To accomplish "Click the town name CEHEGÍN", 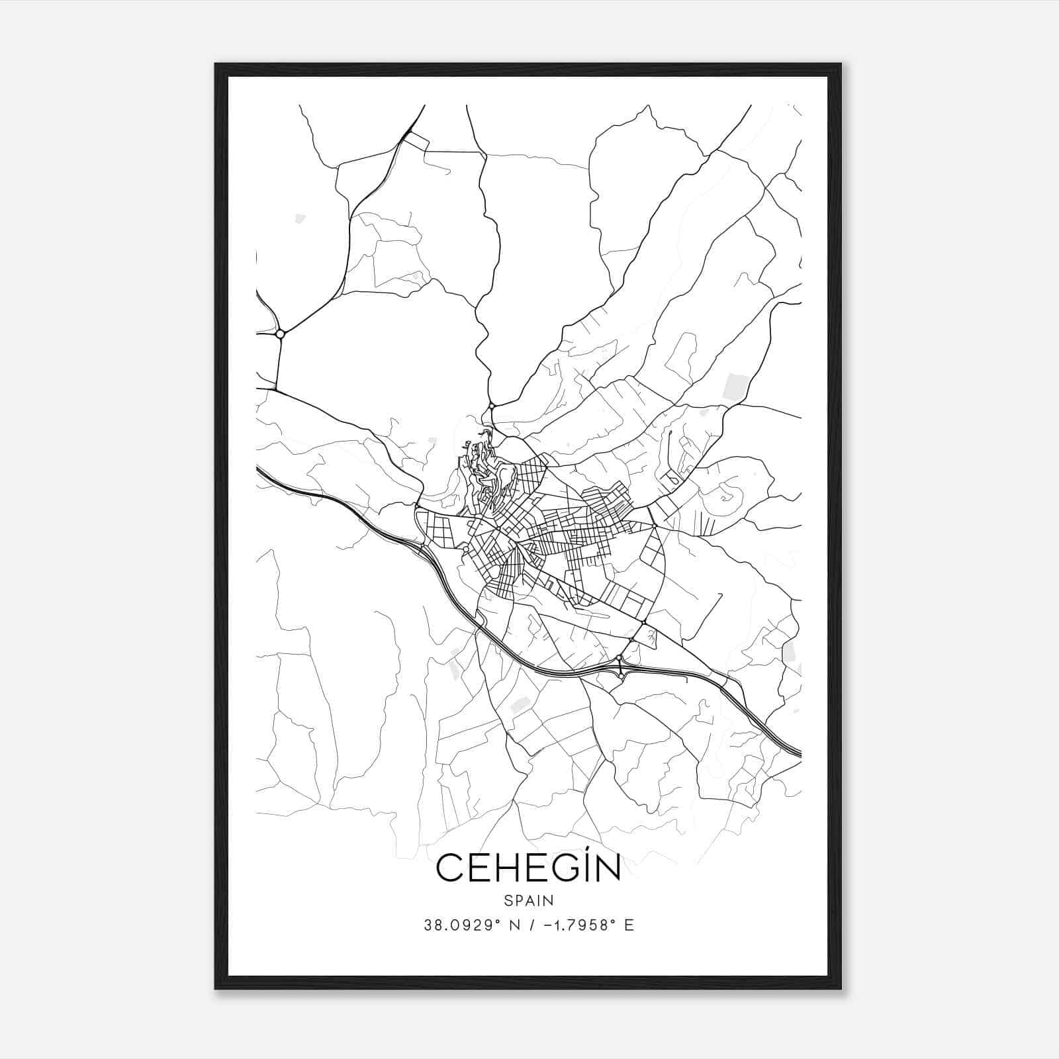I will tap(529, 869).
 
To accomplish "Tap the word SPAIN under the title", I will tap(529, 901).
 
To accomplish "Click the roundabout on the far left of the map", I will tap(280, 334).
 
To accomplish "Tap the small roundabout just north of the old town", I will tap(491, 406).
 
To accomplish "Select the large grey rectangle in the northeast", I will tap(736, 387).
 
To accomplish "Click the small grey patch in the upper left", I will tap(300, 218).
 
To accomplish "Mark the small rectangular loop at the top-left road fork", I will tap(416, 141).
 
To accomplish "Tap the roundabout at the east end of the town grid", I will tap(654, 526).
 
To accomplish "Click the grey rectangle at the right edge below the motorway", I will tap(789, 651).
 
